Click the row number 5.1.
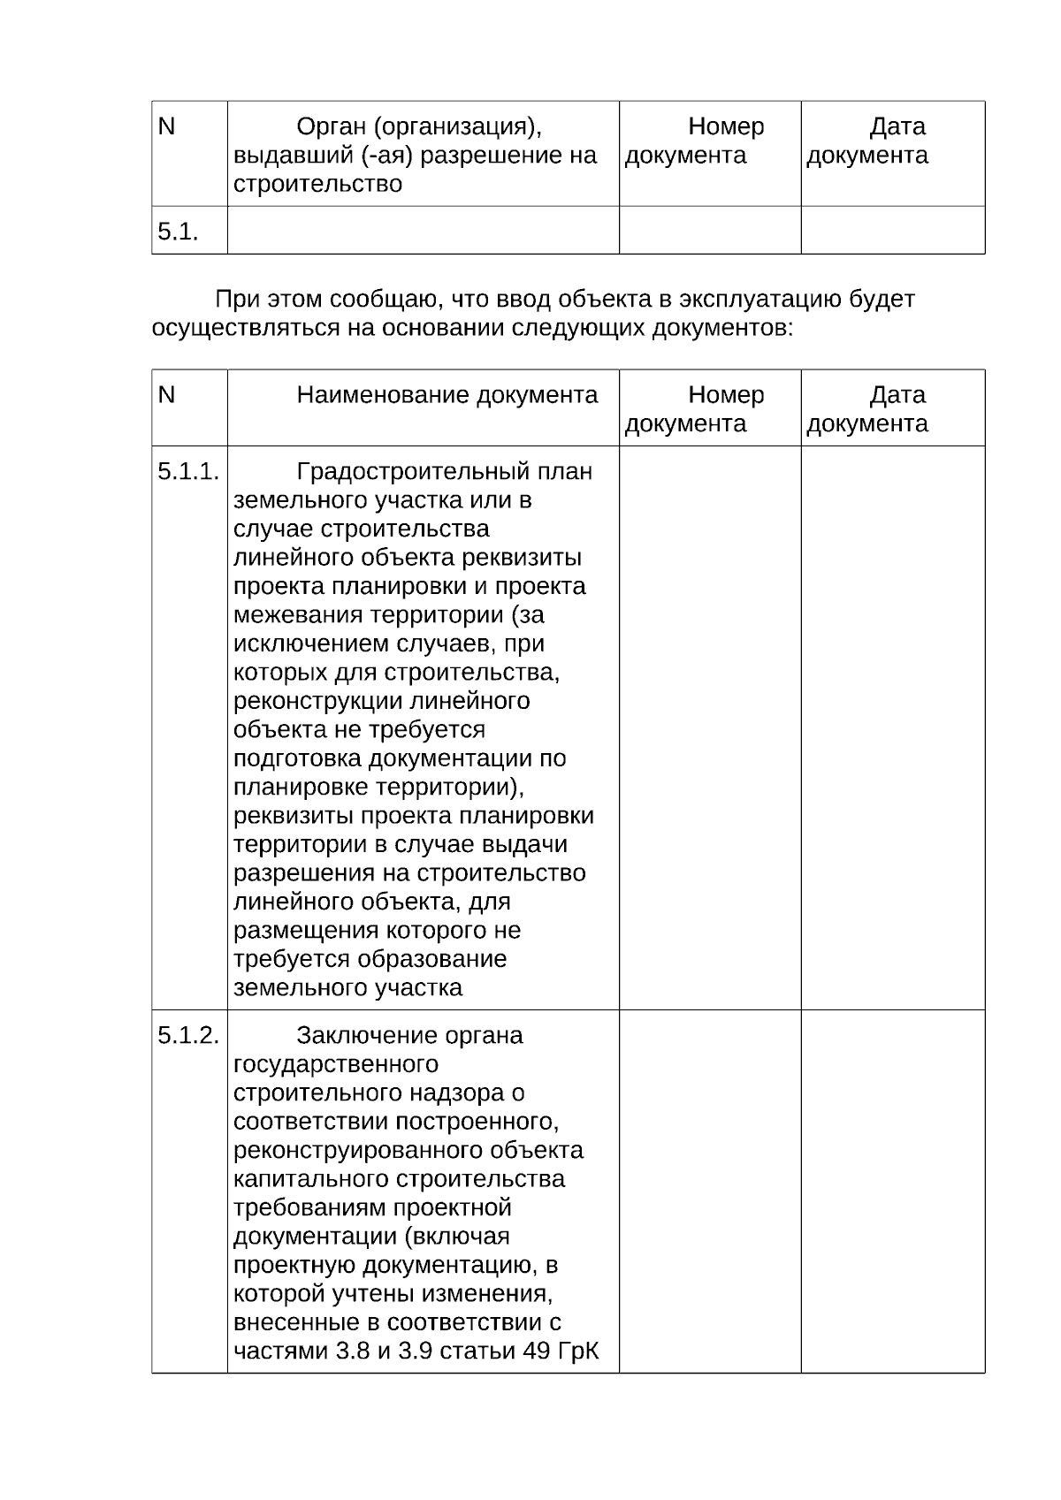tap(178, 232)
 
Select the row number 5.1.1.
tap(188, 471)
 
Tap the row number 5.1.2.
tap(188, 1035)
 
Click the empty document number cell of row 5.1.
tap(710, 231)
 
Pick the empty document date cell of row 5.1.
tap(893, 231)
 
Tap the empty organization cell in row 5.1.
tap(423, 231)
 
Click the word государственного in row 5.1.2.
tap(336, 1064)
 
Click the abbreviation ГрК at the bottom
tap(580, 1352)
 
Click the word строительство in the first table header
tap(317, 184)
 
